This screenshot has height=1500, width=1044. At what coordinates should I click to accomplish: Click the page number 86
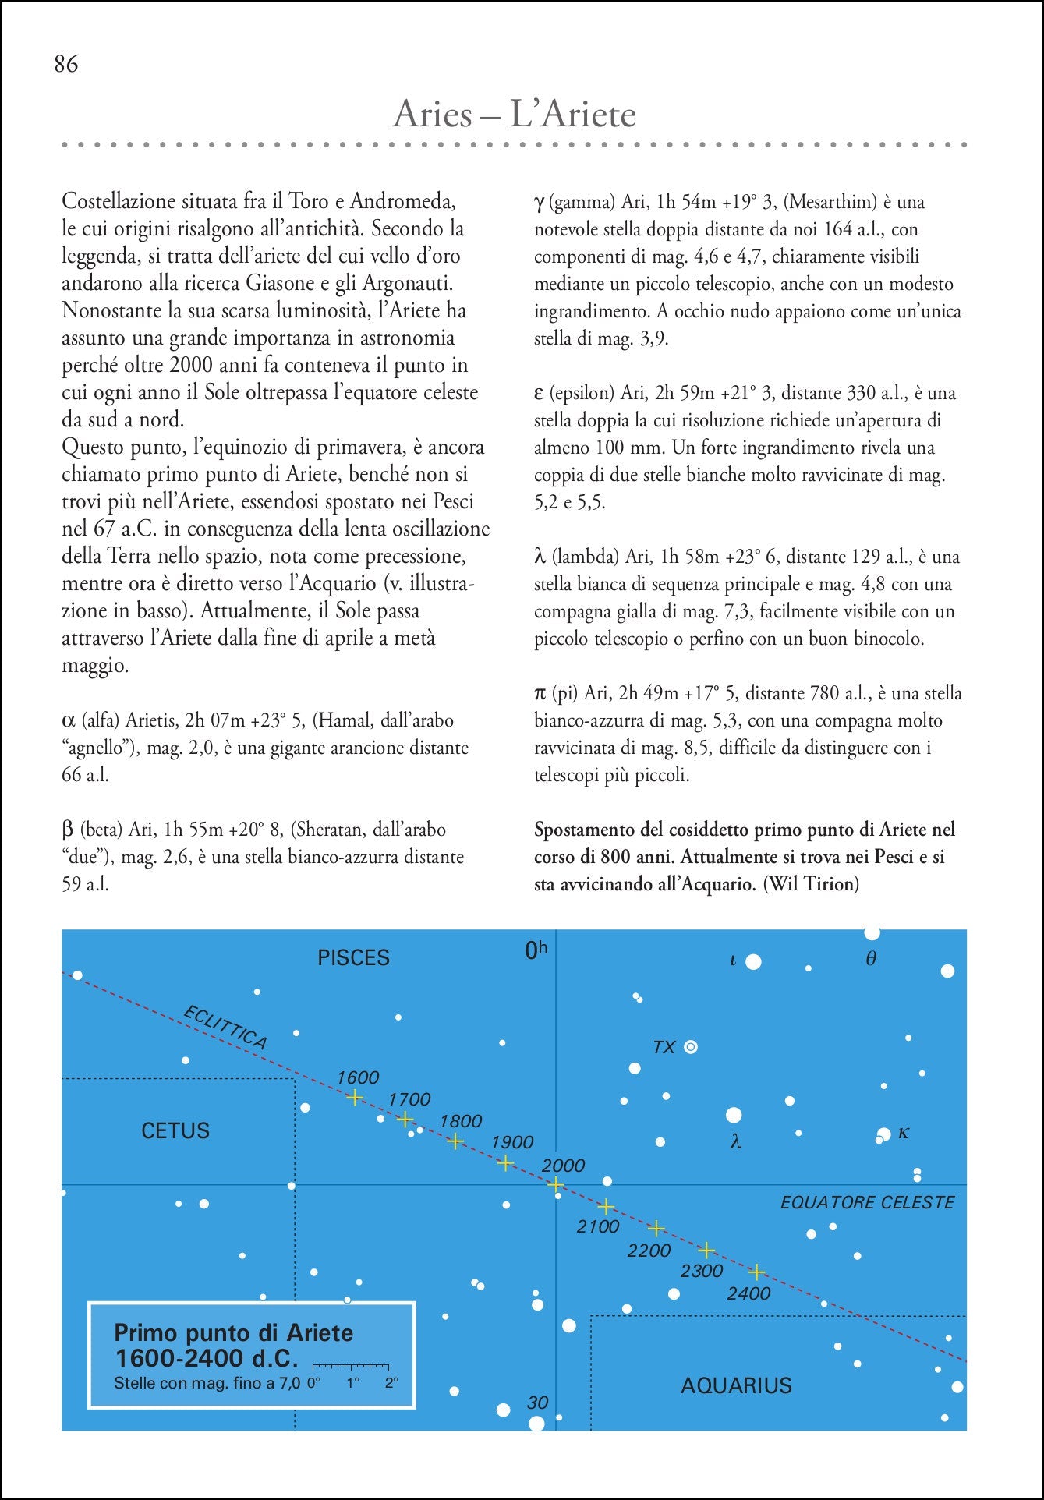66,64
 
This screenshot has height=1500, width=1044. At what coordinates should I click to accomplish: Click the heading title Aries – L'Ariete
515,115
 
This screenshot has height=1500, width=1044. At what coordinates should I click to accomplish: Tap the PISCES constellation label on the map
353,957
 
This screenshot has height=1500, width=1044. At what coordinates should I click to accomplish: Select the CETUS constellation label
175,1130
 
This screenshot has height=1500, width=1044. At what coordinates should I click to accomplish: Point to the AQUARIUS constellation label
736,1385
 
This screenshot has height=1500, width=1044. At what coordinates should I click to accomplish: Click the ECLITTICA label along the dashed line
225,1028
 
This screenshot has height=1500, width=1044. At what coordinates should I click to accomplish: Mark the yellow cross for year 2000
555,1185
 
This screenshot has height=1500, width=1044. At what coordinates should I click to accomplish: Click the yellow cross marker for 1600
355,1098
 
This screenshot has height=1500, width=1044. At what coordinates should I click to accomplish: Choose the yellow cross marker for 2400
756,1272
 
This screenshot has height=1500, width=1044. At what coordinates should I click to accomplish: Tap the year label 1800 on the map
461,1121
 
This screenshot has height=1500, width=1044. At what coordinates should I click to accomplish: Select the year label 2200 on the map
649,1251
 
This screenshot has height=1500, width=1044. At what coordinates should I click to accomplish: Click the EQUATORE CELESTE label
867,1202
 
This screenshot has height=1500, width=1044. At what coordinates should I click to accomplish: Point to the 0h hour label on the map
536,950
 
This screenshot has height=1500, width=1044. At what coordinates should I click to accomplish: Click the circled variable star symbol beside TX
690,1047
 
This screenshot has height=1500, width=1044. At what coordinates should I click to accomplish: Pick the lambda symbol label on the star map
735,1142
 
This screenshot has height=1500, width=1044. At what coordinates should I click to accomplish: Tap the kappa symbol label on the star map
904,1132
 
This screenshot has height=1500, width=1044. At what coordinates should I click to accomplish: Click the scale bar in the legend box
350,1367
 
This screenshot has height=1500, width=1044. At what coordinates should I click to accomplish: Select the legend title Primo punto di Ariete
233,1332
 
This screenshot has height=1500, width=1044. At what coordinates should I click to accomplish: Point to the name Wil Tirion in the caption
812,884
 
